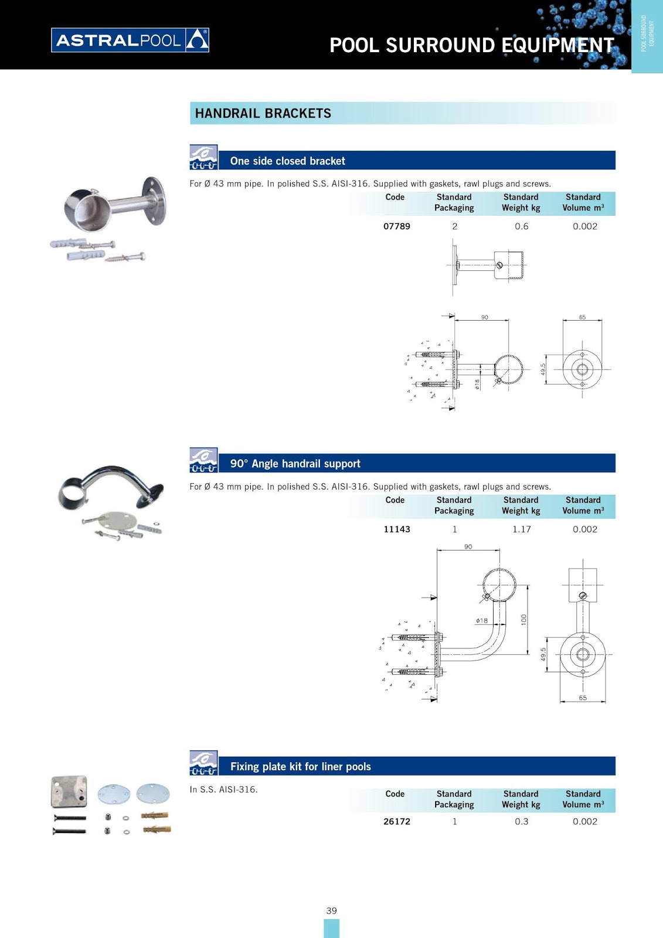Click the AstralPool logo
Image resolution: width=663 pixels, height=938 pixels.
coord(130,40)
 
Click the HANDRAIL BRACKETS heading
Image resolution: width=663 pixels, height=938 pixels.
coord(263,113)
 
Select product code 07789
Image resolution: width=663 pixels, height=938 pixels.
coord(396,226)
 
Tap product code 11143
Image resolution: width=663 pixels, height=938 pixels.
coord(396,529)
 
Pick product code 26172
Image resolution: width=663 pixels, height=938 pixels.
coord(396,821)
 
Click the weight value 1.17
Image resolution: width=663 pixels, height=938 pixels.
coord(521,529)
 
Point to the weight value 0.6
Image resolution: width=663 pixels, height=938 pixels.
coord(521,226)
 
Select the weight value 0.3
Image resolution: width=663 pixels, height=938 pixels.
coord(521,821)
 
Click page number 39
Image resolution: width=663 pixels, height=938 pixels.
coord(331,910)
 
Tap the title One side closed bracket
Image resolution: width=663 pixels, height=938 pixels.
coord(287,161)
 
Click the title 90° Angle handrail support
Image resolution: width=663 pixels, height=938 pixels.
coord(295,464)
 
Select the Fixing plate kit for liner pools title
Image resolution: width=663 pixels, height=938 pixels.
coord(300,766)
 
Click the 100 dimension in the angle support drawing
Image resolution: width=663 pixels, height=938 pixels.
coord(523,618)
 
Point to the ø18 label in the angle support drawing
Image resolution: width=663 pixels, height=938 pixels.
coord(482,620)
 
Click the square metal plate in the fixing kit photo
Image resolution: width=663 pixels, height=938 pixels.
coord(69,791)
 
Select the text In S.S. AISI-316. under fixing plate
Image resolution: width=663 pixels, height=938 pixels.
coord(223,789)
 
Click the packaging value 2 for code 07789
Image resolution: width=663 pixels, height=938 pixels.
coord(454,226)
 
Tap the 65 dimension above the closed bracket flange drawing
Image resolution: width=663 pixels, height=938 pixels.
coord(582,317)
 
